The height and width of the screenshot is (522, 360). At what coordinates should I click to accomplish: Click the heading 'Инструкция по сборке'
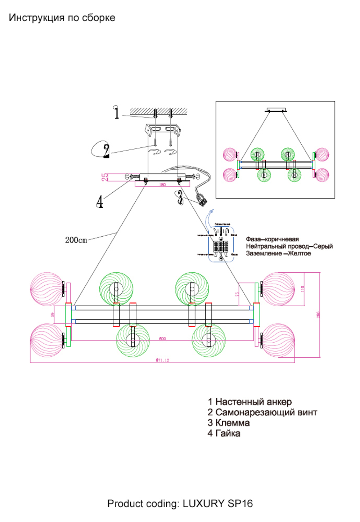62,18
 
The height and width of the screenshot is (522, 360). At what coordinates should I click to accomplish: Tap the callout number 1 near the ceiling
116,112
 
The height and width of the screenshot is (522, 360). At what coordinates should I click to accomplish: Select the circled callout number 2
105,150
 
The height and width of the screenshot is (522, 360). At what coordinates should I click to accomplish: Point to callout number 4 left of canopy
100,202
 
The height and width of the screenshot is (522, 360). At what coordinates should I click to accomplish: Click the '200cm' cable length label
76,240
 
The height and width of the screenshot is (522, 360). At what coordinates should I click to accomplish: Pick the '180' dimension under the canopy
162,185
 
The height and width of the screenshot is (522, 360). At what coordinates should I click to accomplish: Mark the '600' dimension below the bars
162,339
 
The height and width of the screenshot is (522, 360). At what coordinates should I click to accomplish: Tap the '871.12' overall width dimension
162,360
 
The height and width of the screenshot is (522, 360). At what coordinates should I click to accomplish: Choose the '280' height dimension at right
318,314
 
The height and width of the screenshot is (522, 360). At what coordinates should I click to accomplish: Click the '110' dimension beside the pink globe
303,289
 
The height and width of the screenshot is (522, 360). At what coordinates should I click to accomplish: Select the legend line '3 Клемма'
229,423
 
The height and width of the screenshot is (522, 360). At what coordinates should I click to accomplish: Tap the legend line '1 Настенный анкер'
249,402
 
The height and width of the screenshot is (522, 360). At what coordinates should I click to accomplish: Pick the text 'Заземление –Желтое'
278,254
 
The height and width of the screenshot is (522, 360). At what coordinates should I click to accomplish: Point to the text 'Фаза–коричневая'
272,239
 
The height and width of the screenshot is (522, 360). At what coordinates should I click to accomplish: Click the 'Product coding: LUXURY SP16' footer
180,504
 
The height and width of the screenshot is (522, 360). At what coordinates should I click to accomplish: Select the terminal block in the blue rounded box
221,246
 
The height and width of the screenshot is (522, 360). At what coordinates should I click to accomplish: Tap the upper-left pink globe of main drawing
47,289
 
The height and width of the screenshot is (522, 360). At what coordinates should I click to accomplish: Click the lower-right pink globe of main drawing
278,340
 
